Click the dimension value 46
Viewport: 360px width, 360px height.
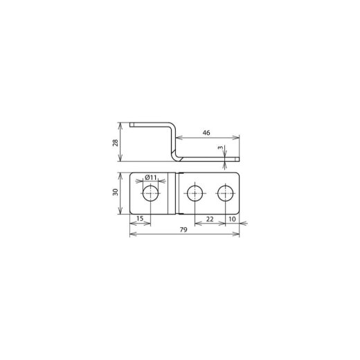tap(207, 131)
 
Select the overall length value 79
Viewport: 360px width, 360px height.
tap(185, 231)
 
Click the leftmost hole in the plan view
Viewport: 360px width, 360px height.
tap(150, 192)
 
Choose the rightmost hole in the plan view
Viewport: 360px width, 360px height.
tap(226, 192)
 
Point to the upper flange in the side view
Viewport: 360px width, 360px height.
tap(150, 124)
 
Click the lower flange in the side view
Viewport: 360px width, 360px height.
tap(208, 160)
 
